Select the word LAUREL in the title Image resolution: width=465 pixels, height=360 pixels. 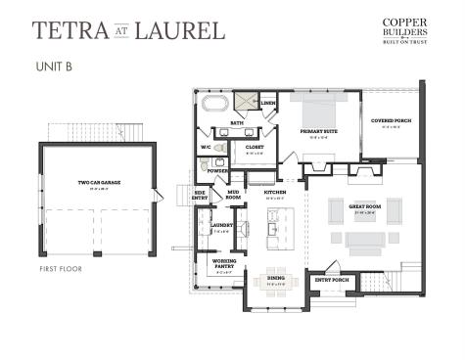coord(185,29)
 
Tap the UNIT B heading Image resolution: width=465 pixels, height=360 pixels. coord(54,67)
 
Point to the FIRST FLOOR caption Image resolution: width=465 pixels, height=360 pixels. coord(60,267)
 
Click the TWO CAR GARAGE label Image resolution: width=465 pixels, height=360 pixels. coord(98,182)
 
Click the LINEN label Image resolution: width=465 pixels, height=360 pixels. coord(268,103)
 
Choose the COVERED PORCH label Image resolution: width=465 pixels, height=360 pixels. coord(390,121)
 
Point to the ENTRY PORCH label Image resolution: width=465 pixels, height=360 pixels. coord(331,280)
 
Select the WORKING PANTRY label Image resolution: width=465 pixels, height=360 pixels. coord(222,262)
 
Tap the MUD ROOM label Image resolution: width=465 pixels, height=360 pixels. coord(234,194)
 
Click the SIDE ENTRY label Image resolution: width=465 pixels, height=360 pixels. coord(200,195)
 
